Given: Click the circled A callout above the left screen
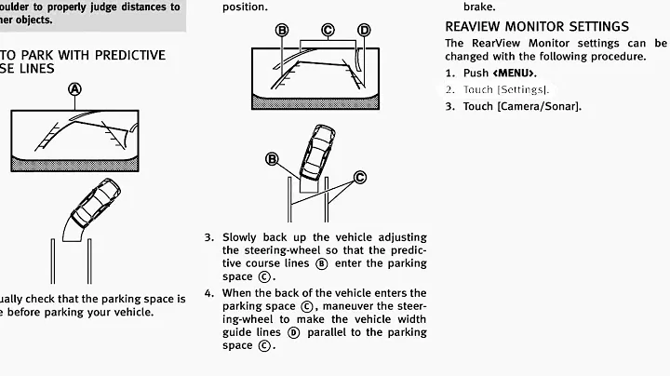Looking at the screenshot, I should coord(75,89).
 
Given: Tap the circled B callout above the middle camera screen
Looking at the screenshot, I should coord(282,31).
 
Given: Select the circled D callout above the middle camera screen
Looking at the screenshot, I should coord(364,31).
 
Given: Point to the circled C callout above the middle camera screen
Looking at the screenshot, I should coord(328,31).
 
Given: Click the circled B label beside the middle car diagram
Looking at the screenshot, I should coord(273,160).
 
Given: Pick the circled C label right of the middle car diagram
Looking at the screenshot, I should coord(359,177).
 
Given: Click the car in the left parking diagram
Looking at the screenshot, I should coord(94,205).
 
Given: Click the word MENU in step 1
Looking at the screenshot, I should coord(516,73).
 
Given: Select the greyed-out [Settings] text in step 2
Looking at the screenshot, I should coord(523,89).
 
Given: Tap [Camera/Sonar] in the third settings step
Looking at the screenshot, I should coord(539,106).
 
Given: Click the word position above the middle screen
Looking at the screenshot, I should coord(245,7).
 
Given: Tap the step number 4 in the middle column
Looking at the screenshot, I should coord(208,293).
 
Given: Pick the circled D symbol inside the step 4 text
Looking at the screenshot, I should coord(294,332).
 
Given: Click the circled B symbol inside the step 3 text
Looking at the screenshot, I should coord(322,263).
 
